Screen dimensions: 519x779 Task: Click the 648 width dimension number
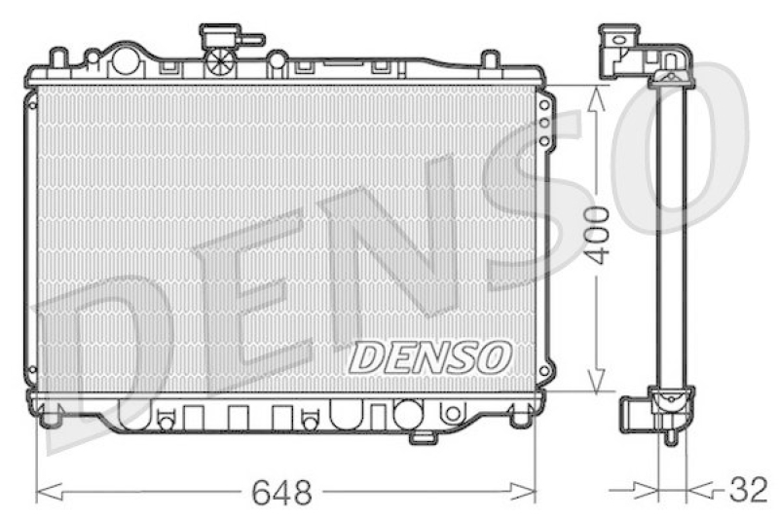pos(281,493)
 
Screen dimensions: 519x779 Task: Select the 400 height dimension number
pos(598,235)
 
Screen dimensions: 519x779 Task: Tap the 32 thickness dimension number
pos(748,490)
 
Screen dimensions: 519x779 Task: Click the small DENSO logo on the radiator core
pos(429,357)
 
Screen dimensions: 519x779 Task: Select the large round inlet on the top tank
pos(126,60)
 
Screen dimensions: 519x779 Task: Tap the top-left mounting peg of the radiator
pos(58,57)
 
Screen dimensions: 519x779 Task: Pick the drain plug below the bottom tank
pos(423,437)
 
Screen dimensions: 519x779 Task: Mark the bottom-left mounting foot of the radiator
pos(49,418)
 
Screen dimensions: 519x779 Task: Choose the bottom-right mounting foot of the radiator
pos(522,419)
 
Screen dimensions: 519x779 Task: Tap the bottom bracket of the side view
pos(662,409)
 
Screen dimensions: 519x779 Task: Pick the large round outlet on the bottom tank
pos(407,414)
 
